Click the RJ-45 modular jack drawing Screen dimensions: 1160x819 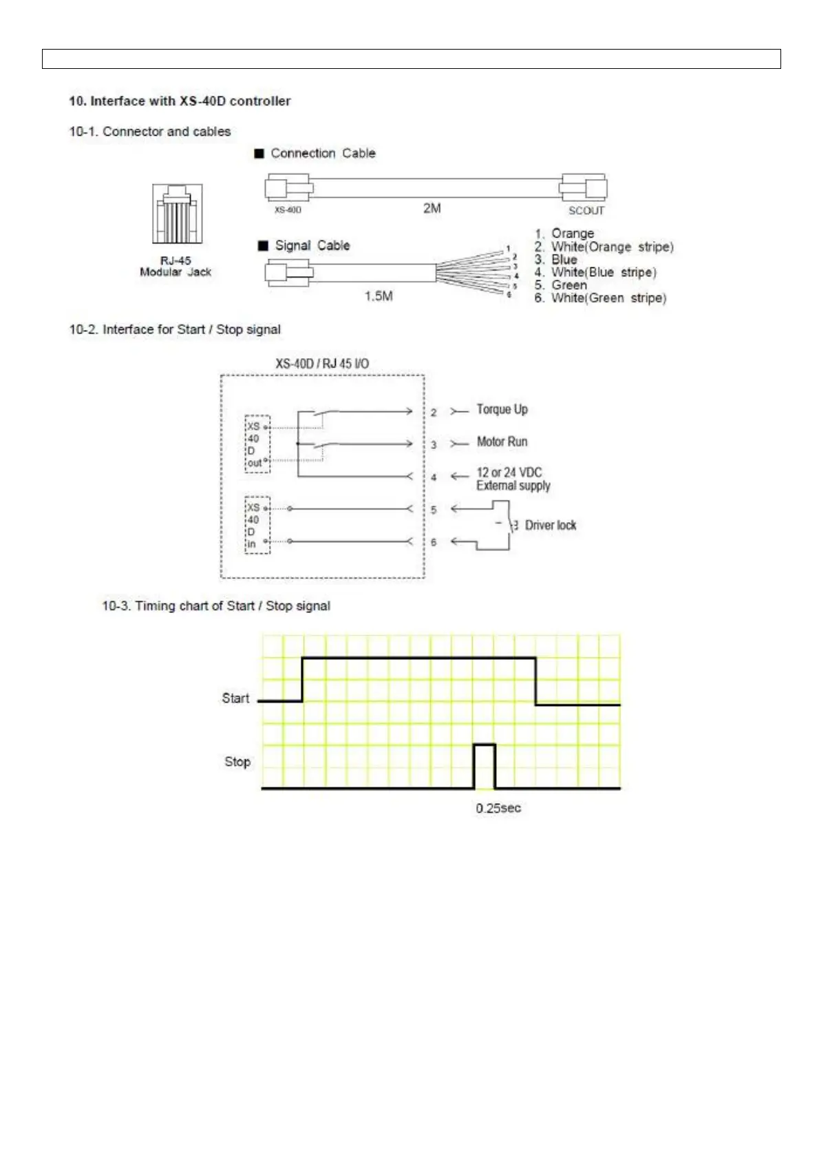point(177,214)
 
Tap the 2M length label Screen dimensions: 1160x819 point(432,208)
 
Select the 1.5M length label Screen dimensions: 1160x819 point(379,296)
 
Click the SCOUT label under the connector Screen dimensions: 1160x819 point(586,211)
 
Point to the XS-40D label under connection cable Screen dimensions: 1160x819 point(288,210)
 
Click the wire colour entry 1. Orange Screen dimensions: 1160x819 point(564,234)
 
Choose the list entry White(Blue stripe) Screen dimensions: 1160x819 point(596,272)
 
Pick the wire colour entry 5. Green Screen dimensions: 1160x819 point(561,285)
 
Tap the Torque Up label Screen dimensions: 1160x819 point(502,409)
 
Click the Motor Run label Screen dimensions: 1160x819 point(502,442)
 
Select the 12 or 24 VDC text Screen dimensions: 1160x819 point(509,473)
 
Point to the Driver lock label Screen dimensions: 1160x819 point(550,525)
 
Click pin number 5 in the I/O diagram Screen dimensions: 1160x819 point(434,510)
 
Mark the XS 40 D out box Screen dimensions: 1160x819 point(257,444)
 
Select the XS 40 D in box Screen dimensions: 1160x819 point(257,525)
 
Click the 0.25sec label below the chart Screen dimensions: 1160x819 point(498,808)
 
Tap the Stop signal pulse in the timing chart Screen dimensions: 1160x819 point(485,765)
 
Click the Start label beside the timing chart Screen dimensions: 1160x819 point(235,698)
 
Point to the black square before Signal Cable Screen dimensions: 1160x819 point(263,246)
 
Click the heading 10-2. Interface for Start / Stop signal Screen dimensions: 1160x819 point(175,329)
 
